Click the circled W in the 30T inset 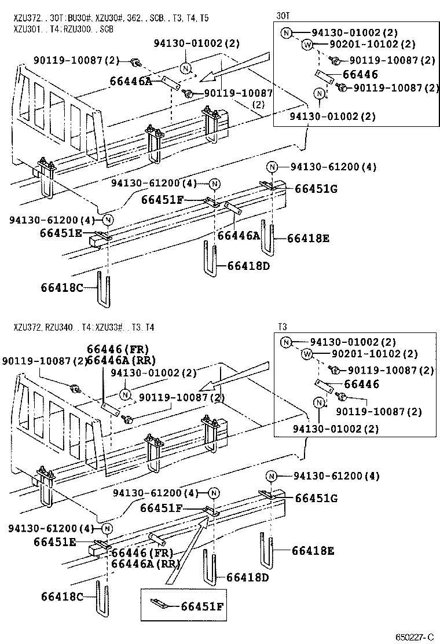tap(307, 44)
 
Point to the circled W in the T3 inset tap(307, 354)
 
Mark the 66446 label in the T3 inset tap(361, 384)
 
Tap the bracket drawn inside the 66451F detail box tap(160, 604)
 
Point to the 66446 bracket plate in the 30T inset tap(322, 76)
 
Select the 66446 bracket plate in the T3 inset tap(322, 385)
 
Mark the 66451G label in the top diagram tap(316, 189)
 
